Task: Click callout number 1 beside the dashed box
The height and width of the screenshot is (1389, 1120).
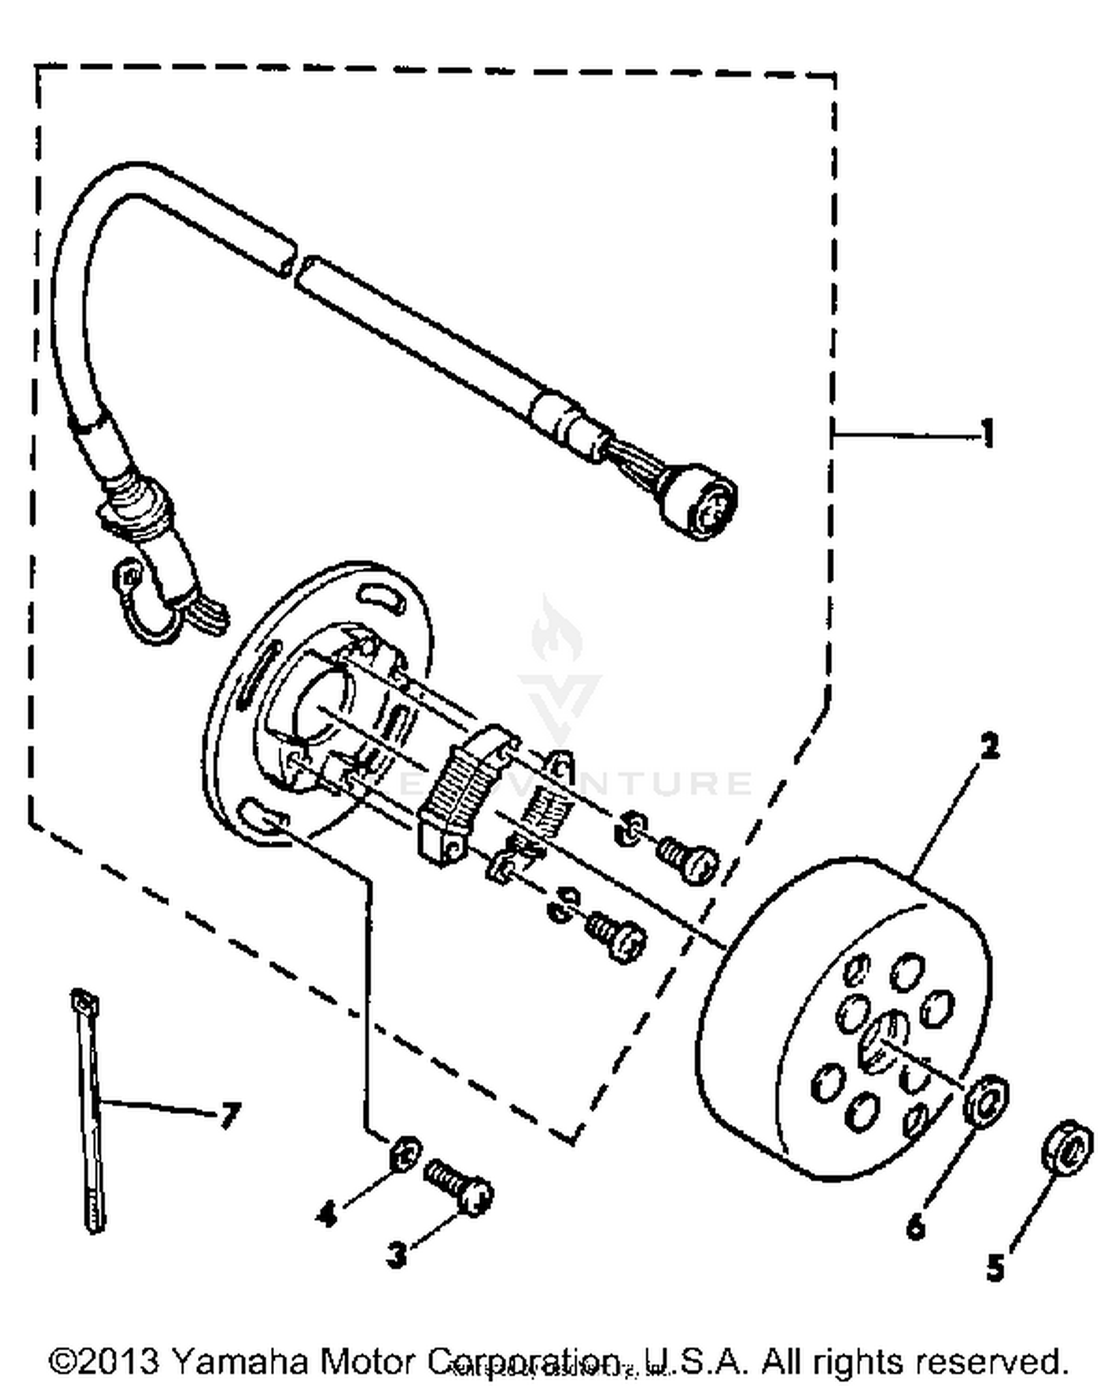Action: point(987,433)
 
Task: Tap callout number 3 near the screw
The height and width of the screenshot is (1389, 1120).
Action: point(396,1255)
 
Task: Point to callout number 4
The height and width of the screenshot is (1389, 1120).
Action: point(327,1215)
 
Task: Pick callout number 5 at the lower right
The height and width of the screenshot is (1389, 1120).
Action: point(995,1268)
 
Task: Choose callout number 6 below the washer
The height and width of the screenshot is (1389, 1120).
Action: point(916,1225)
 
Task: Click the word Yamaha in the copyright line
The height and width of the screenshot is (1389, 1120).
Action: point(238,1361)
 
